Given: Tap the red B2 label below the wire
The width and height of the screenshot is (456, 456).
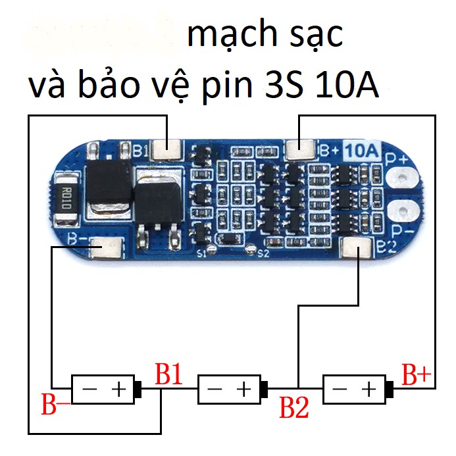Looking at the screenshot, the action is [x=294, y=408].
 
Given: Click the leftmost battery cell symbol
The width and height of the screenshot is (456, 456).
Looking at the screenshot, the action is [x=106, y=390].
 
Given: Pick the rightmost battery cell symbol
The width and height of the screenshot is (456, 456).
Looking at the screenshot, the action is [x=357, y=390].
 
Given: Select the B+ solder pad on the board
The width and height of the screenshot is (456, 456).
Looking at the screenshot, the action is [x=301, y=151].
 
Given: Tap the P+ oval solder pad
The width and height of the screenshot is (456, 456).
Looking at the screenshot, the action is [x=401, y=178].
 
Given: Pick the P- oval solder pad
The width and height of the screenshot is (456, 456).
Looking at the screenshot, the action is [x=401, y=212].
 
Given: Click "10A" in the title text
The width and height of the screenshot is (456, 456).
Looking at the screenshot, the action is [x=347, y=88].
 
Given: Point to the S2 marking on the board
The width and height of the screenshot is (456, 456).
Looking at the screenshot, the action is [x=263, y=253].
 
